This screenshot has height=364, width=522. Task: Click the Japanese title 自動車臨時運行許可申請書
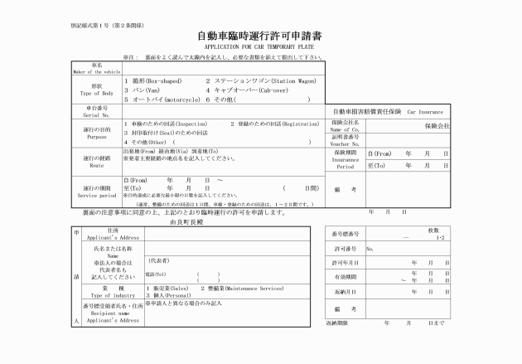pos(260,37)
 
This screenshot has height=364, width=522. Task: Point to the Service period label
pos(96,194)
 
